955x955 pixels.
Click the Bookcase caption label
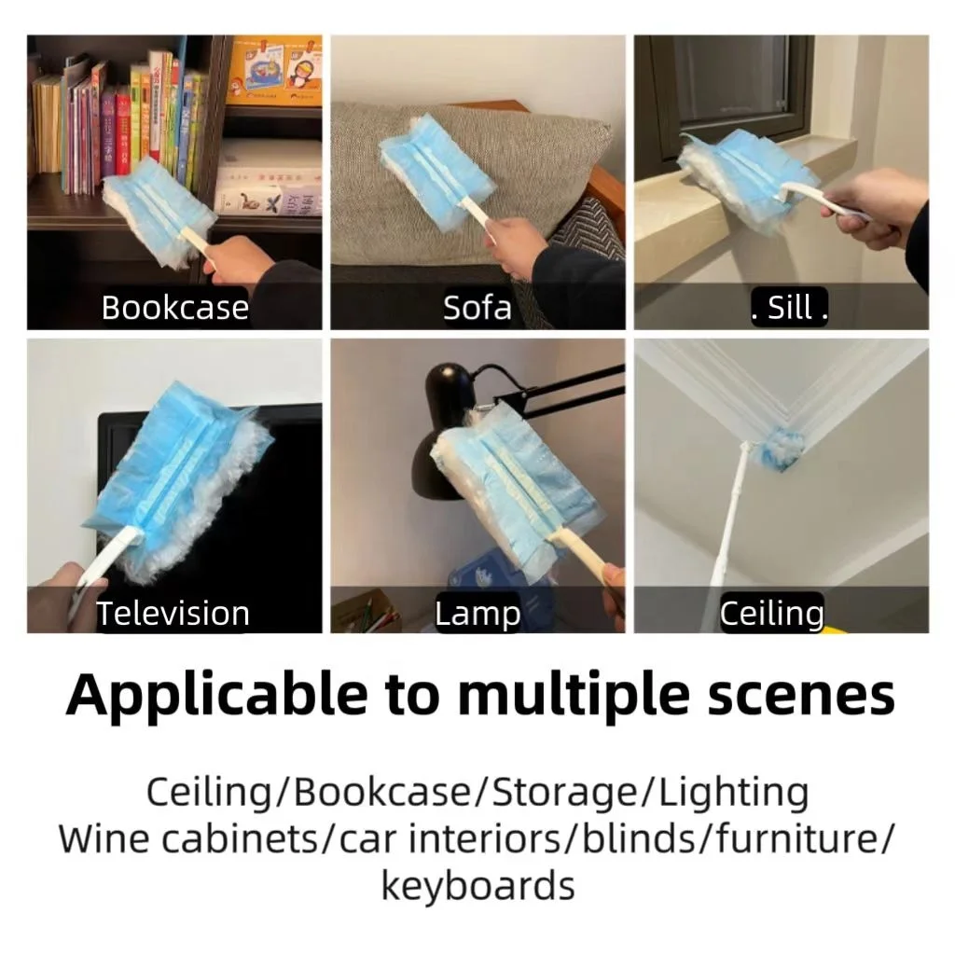click(174, 308)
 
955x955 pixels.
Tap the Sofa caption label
click(477, 308)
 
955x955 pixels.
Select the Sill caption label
click(789, 308)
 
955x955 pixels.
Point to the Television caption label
click(173, 613)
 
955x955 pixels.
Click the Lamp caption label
click(477, 613)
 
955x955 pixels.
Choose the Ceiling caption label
click(771, 613)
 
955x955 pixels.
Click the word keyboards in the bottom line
click(477, 884)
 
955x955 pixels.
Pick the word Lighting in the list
click(733, 793)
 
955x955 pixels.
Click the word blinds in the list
click(645, 838)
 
